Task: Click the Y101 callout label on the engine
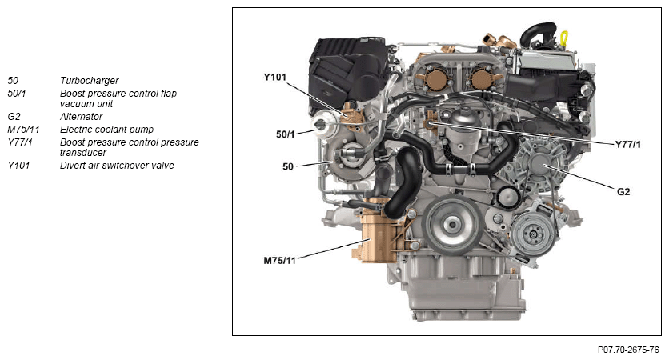pyautogui.click(x=274, y=78)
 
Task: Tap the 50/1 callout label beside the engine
pyautogui.click(x=286, y=134)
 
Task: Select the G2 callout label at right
pyautogui.click(x=623, y=192)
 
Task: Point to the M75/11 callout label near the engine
pyautogui.click(x=279, y=260)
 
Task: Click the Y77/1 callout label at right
pyautogui.click(x=628, y=144)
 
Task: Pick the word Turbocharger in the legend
pyautogui.click(x=89, y=81)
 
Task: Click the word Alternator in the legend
pyautogui.click(x=81, y=117)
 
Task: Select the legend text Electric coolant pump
pyautogui.click(x=106, y=130)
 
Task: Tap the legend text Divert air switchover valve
pyautogui.click(x=117, y=165)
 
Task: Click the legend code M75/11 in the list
pyautogui.click(x=23, y=130)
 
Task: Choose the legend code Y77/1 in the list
pyautogui.click(x=20, y=142)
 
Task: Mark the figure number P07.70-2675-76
pyautogui.click(x=628, y=350)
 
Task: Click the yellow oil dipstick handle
pyautogui.click(x=564, y=38)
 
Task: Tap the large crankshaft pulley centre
pyautogui.click(x=452, y=223)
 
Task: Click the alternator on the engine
pyautogui.click(x=538, y=165)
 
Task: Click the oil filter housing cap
pyautogui.click(x=461, y=118)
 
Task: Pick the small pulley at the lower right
pyautogui.click(x=533, y=234)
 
